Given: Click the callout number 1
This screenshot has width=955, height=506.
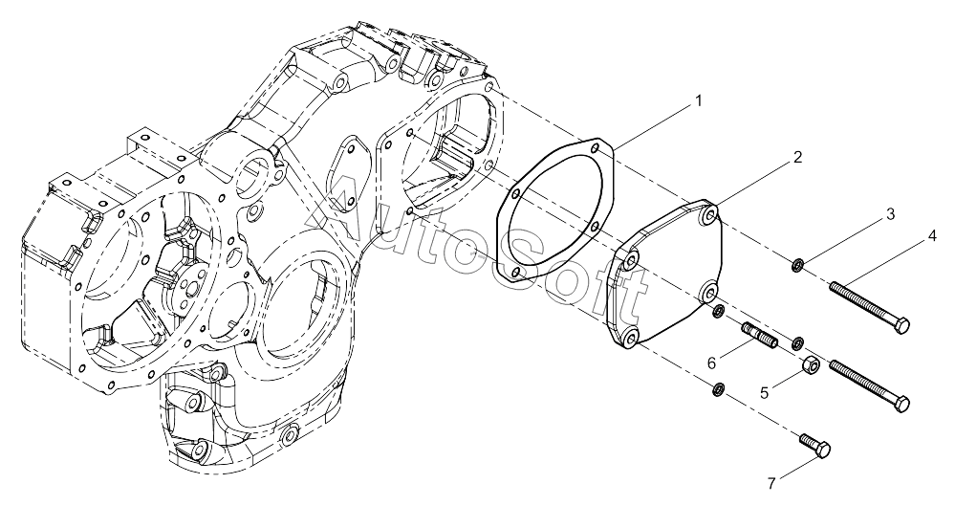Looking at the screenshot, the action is coord(699,100).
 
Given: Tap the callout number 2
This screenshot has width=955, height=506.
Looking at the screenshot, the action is coord(797,157).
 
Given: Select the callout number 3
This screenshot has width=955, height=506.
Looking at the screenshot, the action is coord(890,214).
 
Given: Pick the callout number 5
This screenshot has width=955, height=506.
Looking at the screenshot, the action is coord(766,391).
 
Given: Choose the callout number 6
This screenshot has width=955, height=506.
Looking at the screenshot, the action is coord(711,363).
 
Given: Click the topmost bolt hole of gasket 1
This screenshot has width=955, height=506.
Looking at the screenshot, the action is coord(595,146).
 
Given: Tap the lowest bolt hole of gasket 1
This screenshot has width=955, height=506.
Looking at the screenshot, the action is coord(516,272).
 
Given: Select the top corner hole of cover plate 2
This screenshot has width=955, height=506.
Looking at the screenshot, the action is coord(708,214).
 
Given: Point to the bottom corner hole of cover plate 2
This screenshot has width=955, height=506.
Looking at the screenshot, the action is coord(630,336).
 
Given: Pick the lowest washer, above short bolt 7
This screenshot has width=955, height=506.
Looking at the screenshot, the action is coord(719,387).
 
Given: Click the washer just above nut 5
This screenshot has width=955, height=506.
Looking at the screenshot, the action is coord(796,342).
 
